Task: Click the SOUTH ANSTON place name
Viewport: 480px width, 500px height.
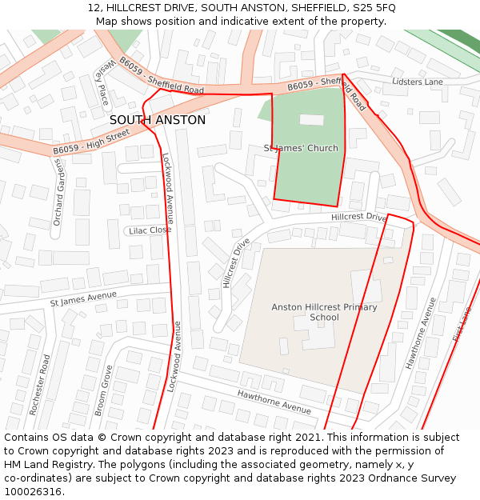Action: coord(157,120)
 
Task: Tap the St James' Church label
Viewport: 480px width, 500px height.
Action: coord(301,148)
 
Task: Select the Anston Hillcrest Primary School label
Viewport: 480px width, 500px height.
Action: coord(324,312)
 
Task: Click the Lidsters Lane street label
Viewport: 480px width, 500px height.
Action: coord(417,82)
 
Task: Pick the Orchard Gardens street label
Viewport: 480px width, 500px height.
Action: coord(57,192)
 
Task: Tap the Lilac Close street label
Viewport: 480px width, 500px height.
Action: coord(150,230)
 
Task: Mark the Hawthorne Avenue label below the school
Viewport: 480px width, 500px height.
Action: coord(274,402)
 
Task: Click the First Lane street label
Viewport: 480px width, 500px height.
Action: coord(462,324)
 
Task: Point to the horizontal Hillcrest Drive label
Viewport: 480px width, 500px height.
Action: coord(358,217)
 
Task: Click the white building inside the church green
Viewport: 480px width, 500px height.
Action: coord(311,119)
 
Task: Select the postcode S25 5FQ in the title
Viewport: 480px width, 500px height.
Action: coord(373,7)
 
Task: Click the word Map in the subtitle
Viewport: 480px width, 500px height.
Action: coord(108,21)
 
